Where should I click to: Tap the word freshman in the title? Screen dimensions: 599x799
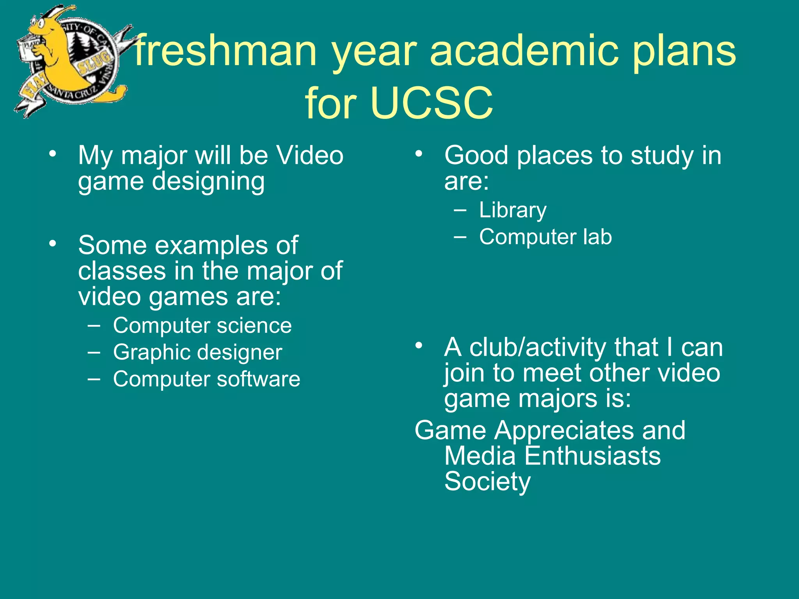click(x=225, y=51)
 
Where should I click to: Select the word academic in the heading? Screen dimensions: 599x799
click(x=524, y=51)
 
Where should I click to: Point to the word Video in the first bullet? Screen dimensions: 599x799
click(x=310, y=155)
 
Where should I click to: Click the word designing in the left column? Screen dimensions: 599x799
click(x=208, y=182)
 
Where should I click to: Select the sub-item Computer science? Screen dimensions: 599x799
click(x=202, y=326)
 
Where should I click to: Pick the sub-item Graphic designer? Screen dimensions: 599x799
click(x=197, y=353)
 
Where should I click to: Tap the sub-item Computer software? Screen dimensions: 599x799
click(x=206, y=379)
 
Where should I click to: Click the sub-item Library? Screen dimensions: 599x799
click(x=513, y=211)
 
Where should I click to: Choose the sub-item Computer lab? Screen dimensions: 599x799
click(x=545, y=237)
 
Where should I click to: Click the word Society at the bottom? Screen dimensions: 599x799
click(x=487, y=482)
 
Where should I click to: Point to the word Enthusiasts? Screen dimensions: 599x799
click(x=592, y=456)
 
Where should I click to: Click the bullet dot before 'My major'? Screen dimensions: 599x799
click(x=53, y=154)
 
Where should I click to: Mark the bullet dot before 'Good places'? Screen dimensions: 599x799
click(x=419, y=154)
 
